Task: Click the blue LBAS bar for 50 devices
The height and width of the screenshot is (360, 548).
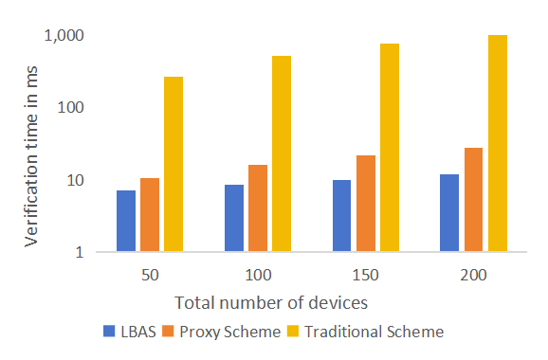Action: click(126, 221)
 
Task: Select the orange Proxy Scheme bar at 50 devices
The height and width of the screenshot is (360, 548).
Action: click(150, 215)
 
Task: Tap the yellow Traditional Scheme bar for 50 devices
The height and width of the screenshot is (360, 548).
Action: click(174, 164)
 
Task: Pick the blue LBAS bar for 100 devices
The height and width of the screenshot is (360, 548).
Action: click(234, 218)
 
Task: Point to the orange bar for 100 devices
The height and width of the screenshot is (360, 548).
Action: click(258, 208)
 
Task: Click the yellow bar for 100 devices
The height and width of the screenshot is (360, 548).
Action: click(282, 153)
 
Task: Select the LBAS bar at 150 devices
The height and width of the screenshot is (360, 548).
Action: click(342, 216)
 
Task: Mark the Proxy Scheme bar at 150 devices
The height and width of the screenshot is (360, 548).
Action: click(366, 204)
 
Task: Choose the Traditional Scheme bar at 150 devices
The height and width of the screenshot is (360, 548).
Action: click(390, 148)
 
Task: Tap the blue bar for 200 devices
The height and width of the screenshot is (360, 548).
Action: click(449, 212)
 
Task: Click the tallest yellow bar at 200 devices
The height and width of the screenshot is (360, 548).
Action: click(498, 143)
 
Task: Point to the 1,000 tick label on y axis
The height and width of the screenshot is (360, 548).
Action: click(64, 36)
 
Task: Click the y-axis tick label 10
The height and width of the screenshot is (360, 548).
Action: click(76, 181)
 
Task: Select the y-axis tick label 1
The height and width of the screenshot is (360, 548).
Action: click(80, 252)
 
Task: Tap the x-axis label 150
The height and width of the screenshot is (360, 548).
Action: click(366, 275)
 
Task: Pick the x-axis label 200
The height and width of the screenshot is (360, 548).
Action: click(473, 275)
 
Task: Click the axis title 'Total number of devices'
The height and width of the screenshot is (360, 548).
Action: click(271, 303)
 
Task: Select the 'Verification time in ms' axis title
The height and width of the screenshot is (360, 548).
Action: click(31, 156)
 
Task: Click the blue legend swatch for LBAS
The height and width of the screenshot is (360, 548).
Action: click(109, 331)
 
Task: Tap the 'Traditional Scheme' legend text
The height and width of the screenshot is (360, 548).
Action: click(374, 332)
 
